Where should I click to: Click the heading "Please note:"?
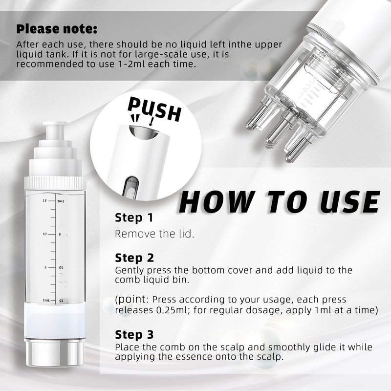click(x=57, y=29)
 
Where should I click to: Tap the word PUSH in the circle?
click(x=154, y=109)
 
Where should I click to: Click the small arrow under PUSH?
click(x=152, y=121)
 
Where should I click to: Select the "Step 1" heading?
click(x=133, y=217)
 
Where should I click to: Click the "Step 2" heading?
click(x=134, y=258)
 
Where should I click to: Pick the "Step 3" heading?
click(x=134, y=335)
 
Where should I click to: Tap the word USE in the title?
click(x=350, y=202)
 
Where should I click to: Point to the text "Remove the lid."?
click(x=154, y=234)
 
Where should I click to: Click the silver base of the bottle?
click(x=55, y=353)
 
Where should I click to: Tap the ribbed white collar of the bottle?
click(x=55, y=182)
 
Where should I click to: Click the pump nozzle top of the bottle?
click(x=55, y=130)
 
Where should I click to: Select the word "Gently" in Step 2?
click(x=130, y=271)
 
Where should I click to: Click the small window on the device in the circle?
click(x=131, y=189)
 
